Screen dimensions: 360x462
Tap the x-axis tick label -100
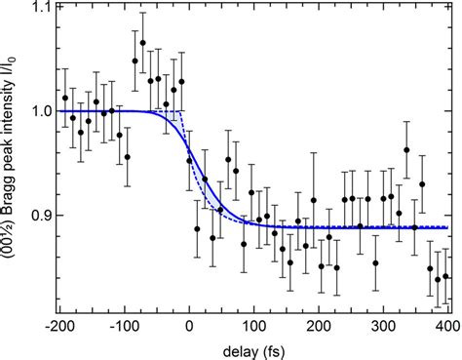pos(128,321)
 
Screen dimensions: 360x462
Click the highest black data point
pos(143,43)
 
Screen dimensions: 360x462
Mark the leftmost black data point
pos(65,99)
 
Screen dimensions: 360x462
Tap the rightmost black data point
pos(446,276)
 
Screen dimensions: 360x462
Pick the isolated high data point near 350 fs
pos(406,150)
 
